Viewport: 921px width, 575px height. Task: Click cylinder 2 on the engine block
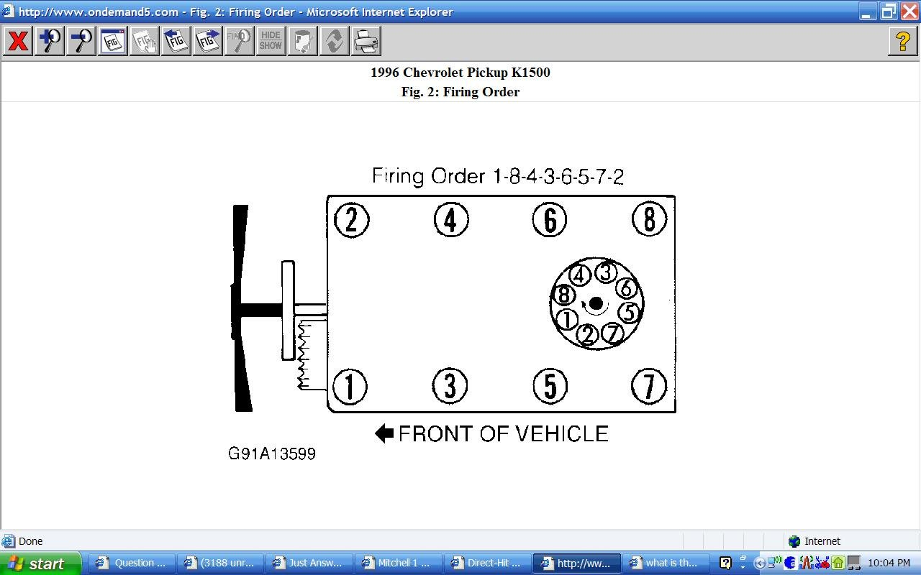click(351, 220)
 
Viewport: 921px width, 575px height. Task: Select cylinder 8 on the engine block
click(649, 219)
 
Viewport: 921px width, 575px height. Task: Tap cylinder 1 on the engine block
click(350, 387)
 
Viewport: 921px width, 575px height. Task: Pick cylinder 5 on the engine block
click(550, 387)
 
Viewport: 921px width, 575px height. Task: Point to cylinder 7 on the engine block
click(648, 387)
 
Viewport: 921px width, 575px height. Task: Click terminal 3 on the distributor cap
click(606, 272)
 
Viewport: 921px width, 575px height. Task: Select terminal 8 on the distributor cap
click(563, 295)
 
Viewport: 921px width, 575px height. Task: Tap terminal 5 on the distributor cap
click(629, 313)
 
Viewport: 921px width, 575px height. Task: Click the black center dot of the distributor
click(596, 304)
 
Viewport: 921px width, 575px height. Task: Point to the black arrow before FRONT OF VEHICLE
click(384, 433)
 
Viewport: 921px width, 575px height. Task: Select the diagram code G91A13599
click(272, 454)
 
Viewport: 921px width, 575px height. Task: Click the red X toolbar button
click(18, 41)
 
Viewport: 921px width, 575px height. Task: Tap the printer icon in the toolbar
click(366, 41)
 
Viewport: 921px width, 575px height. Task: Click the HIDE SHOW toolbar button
click(271, 41)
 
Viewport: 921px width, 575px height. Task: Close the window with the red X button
click(909, 11)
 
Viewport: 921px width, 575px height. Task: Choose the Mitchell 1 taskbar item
click(396, 563)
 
